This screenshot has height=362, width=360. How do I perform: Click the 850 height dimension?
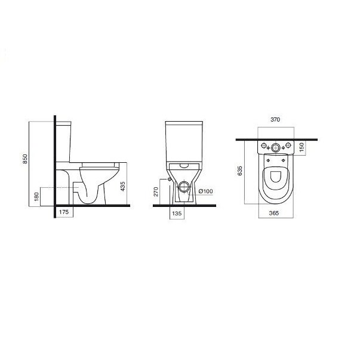point(25,159)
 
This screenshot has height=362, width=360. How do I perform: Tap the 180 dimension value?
point(36,196)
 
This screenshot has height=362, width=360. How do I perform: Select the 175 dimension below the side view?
point(64,212)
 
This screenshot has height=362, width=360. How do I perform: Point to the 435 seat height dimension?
point(123,186)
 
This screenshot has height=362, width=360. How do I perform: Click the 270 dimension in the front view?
point(156,191)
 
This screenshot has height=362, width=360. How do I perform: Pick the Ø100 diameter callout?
point(205,191)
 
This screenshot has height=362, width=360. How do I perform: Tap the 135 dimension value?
point(177,214)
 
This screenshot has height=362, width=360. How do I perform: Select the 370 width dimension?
point(275,120)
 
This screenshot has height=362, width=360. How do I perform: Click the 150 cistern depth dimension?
point(301,147)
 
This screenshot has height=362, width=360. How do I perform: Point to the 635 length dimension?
point(240,171)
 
